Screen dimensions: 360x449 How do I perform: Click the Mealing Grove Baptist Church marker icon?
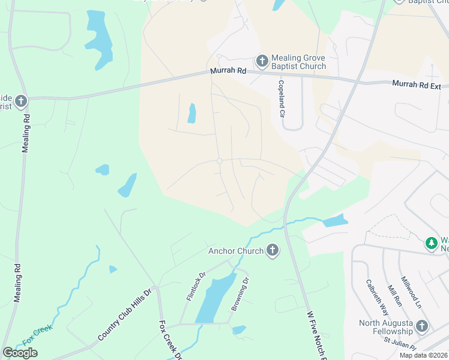click(x=262, y=61)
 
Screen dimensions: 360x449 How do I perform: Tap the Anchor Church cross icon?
click(x=273, y=250)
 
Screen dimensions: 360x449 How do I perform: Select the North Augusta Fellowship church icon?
click(x=422, y=326)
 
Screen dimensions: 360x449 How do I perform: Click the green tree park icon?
click(x=431, y=243)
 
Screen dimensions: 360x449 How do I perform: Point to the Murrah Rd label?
click(x=228, y=71)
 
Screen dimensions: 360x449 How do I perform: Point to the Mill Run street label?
click(x=394, y=297)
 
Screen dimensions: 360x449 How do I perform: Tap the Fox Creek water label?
click(x=37, y=334)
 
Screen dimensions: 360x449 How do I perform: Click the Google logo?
click(x=20, y=353)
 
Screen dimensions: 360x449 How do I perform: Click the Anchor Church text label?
click(x=236, y=251)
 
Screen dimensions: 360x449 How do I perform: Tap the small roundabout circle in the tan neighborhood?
click(x=220, y=161)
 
